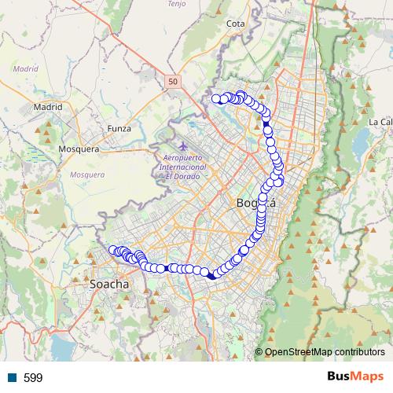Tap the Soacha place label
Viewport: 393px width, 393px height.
point(109,283)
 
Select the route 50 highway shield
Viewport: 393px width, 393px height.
point(173,80)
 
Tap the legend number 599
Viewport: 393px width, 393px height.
point(33,378)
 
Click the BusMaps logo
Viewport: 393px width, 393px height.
point(354,376)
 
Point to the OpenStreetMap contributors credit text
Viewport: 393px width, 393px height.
point(324,351)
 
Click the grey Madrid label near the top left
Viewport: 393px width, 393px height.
point(25,68)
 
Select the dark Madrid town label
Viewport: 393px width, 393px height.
point(48,106)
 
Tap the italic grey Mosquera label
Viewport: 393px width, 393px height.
point(86,174)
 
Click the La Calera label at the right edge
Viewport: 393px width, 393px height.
point(381,122)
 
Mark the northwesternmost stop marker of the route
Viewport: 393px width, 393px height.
point(215,98)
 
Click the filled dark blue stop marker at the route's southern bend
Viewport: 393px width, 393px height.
point(212,274)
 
